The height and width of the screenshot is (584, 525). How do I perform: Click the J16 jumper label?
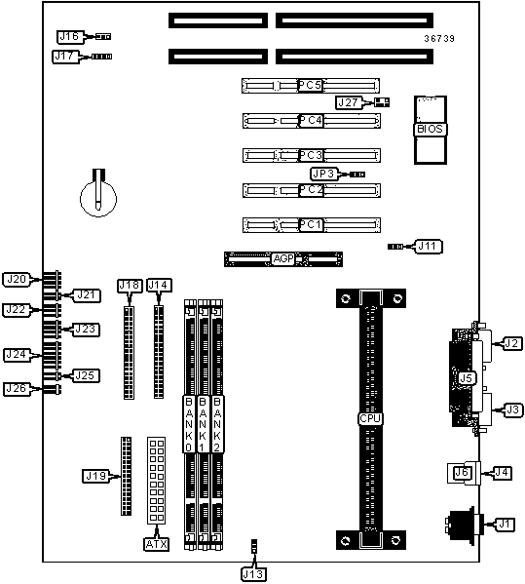coord(69,36)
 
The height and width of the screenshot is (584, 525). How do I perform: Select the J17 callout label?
coord(64,57)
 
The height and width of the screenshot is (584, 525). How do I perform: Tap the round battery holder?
coord(98,198)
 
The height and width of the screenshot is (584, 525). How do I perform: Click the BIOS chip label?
coord(431,130)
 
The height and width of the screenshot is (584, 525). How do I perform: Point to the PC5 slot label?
coord(310,85)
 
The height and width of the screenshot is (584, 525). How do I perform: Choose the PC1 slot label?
coord(311,224)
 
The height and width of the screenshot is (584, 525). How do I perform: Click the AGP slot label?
coord(283,258)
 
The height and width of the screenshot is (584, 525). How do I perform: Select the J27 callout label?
coord(348,102)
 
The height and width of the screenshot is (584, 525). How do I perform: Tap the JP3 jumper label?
coord(323,174)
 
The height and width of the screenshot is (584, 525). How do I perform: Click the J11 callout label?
coord(428,247)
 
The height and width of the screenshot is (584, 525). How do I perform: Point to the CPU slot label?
coord(370,418)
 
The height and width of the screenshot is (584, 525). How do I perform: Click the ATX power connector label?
coord(157,544)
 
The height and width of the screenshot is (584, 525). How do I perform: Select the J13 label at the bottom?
coord(253,574)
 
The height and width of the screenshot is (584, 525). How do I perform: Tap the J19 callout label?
coord(96,476)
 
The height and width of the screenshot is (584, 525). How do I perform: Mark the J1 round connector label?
coord(505,524)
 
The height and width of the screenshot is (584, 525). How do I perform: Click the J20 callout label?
coord(17,280)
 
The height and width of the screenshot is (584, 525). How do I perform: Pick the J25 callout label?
coord(85,375)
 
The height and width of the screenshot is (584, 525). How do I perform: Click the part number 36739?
coord(439,39)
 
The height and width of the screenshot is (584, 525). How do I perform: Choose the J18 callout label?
coord(130,286)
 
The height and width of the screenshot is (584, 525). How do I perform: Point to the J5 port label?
coord(466,378)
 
